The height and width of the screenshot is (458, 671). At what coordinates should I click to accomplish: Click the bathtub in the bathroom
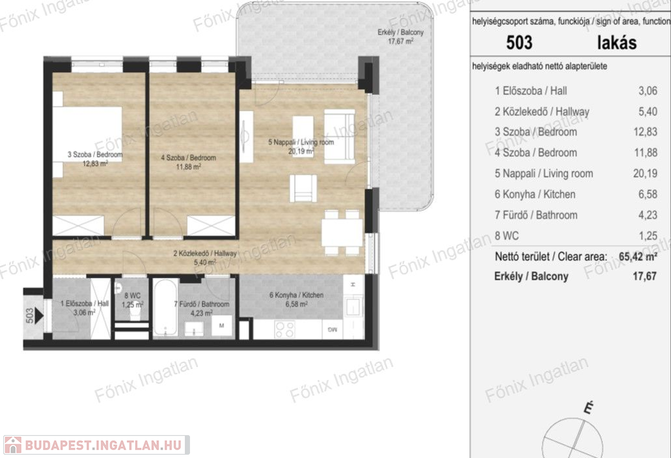click(165, 307)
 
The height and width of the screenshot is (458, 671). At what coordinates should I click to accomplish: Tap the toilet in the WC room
click(135, 315)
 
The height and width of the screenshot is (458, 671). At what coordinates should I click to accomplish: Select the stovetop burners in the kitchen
click(284, 329)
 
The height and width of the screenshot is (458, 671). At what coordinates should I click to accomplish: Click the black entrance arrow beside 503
click(39, 316)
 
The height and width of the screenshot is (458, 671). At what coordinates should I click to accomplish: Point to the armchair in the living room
click(303, 188)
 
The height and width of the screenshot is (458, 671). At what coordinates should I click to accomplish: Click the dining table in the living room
click(342, 231)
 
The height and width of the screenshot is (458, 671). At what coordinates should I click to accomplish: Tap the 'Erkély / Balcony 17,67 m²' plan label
click(400, 37)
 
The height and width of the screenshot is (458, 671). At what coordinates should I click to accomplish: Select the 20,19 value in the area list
click(645, 174)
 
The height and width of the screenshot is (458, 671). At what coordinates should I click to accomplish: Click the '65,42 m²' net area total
click(638, 257)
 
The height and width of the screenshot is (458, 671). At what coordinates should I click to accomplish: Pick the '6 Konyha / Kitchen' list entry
click(535, 195)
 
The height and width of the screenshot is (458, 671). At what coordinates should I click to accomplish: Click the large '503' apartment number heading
click(519, 43)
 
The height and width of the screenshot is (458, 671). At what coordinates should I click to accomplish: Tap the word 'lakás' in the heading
click(617, 43)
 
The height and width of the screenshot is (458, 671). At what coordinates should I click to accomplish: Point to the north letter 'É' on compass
click(588, 408)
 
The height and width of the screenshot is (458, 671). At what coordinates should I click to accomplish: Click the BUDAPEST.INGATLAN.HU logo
click(96, 445)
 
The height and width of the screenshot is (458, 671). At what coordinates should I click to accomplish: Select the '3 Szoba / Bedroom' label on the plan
click(95, 159)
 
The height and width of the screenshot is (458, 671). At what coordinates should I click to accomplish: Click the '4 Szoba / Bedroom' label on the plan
click(188, 162)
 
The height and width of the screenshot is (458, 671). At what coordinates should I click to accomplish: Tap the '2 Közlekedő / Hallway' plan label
click(205, 258)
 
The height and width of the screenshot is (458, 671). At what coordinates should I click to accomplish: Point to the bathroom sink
click(195, 329)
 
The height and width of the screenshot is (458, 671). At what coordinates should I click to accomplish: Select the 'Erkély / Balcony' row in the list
click(575, 276)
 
